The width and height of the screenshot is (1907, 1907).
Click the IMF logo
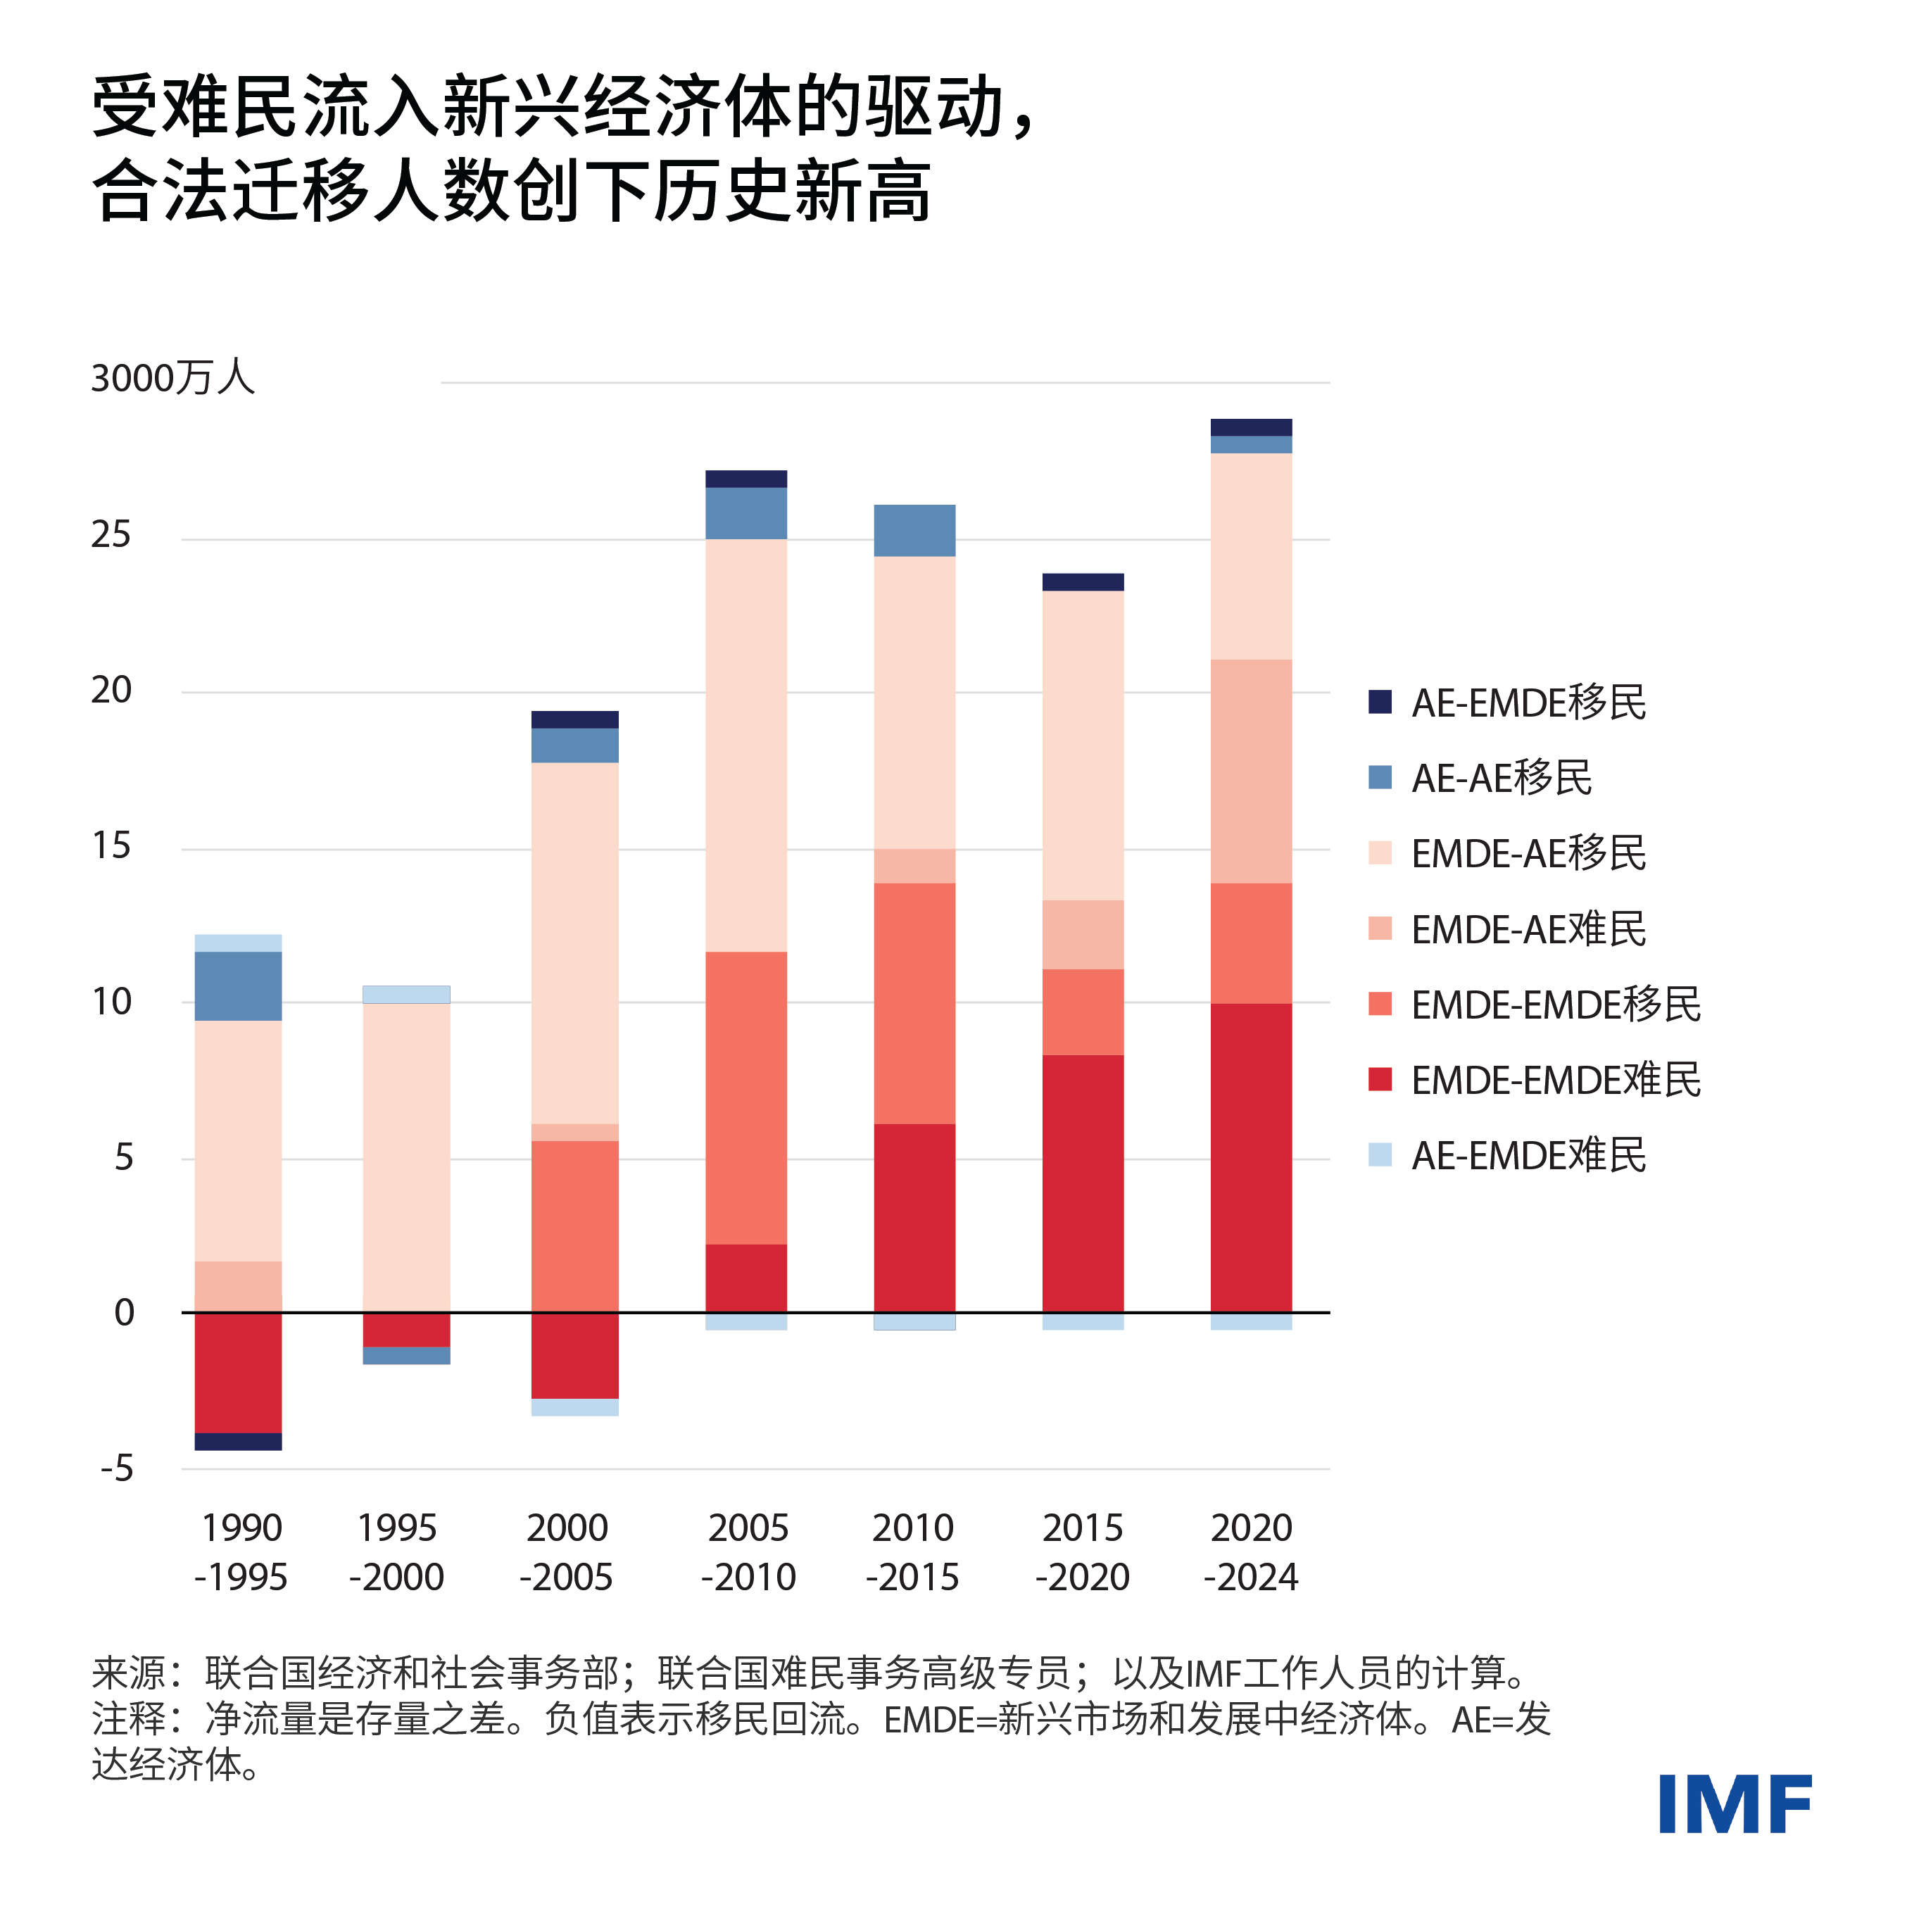tap(1735, 1804)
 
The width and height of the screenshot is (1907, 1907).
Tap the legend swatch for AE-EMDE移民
tap(1380, 702)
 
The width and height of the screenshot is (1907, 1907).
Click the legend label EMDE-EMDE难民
tap(1556, 1080)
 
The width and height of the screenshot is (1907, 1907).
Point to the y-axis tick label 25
tap(111, 535)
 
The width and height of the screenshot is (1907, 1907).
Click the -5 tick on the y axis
tap(116, 1468)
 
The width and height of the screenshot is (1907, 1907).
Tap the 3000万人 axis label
tap(172, 378)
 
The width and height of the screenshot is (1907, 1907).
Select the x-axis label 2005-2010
tap(748, 1552)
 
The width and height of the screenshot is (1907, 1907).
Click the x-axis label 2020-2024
tap(1251, 1552)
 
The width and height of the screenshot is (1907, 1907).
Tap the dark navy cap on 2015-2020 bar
tap(1083, 582)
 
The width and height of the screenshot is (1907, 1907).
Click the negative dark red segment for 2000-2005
tap(574, 1355)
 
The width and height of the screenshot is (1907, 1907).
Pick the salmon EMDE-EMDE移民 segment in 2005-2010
tap(746, 1097)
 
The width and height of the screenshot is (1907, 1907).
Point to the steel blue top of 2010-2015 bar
tap(914, 530)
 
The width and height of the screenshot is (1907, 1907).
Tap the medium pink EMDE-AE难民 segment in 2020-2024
tap(1251, 771)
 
